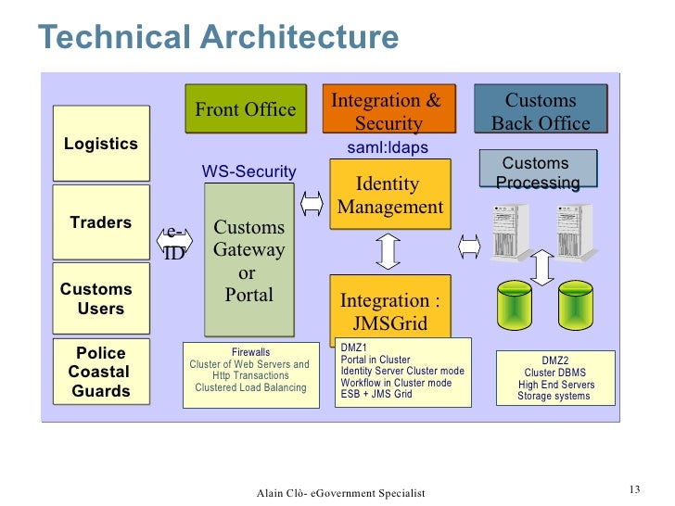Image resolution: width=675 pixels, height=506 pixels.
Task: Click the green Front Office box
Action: pos(246,110)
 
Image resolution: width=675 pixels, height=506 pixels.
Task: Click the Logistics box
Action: pos(101,144)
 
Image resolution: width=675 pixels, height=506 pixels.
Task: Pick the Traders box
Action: pos(101,222)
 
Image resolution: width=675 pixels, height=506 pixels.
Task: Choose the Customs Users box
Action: pos(101,298)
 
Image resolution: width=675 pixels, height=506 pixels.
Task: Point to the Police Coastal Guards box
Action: pos(101,373)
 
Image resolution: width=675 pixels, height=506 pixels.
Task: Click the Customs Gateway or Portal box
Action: pos(248,260)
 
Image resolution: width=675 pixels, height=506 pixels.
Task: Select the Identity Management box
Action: pos(390,196)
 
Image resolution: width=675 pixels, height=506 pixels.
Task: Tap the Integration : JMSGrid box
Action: pos(390,310)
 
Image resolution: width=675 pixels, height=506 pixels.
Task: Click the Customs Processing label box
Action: pos(537,172)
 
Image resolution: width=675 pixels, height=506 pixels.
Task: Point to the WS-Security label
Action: pos(248,171)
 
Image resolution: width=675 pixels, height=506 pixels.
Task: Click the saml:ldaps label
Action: pos(388,147)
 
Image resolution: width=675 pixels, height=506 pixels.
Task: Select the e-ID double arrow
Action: pos(174,243)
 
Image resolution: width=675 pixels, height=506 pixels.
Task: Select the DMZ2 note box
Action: pos(555,378)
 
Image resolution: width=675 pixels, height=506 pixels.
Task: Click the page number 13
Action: pos(635,489)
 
